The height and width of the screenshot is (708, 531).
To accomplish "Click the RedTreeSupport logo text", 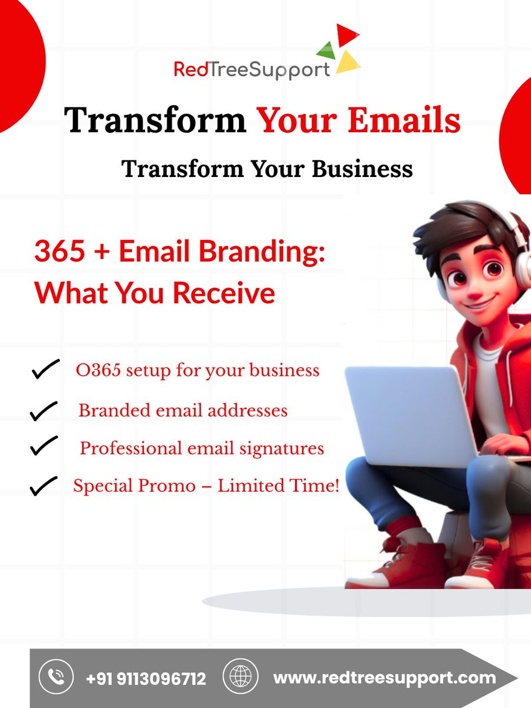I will pos(252,69).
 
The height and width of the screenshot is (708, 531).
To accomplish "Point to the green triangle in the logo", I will pos(327,50).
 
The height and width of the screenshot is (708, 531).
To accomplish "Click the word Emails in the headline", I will pos(404,120).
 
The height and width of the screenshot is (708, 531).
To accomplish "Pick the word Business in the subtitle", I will pos(362,169).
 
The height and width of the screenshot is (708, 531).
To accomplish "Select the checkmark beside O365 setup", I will pos(45,370).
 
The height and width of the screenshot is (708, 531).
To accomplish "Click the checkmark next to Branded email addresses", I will pos(44,411).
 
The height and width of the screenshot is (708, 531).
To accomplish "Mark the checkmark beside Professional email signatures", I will pos(44,447).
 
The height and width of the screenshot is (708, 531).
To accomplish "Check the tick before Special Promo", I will pos(43,486).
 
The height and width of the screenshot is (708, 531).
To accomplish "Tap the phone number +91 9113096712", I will pos(146,678).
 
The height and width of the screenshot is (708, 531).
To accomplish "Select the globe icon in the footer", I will pos(240,677).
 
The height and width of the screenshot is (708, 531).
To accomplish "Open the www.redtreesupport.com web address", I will pos(384,678).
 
